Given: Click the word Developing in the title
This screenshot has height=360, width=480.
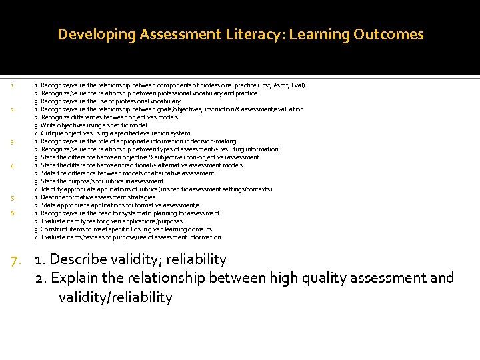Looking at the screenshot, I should point(97,35).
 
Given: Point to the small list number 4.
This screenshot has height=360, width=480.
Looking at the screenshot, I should point(13,166).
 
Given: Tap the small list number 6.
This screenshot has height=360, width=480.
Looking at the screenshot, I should point(13,213).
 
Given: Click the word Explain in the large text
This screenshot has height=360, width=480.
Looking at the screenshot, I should point(73,278).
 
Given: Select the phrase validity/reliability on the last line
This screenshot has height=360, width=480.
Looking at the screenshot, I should point(115,297).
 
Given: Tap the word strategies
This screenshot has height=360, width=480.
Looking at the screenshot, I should point(139,197).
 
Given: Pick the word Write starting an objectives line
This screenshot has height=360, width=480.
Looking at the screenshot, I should point(48,125).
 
